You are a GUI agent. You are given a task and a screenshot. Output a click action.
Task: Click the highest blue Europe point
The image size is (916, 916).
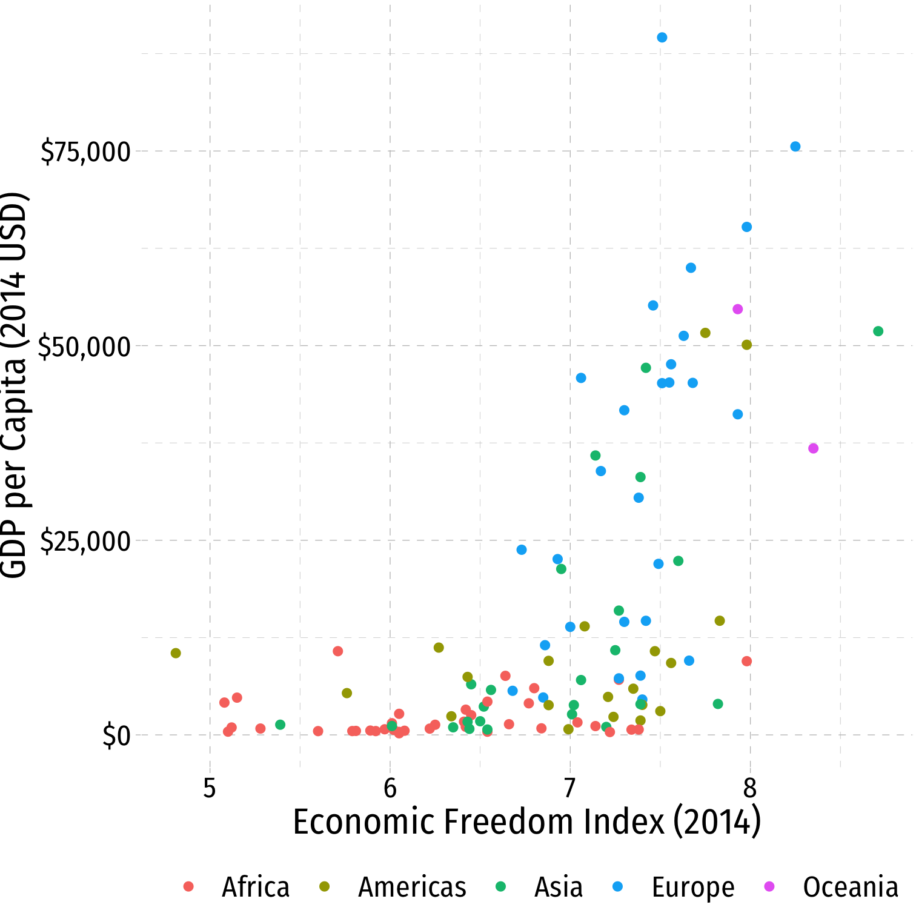click(x=662, y=38)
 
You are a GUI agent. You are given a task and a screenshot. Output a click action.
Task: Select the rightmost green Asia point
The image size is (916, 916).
click(x=878, y=331)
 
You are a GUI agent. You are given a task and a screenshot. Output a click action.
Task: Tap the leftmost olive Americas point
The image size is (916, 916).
click(x=176, y=653)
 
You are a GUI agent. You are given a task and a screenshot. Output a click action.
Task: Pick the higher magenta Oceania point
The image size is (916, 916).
click(x=737, y=310)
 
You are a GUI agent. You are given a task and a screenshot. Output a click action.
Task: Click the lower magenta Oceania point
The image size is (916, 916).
click(x=813, y=448)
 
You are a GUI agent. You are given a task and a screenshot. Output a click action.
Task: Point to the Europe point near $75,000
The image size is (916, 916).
click(x=795, y=147)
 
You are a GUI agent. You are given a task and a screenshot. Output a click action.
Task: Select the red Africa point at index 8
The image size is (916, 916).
click(x=746, y=661)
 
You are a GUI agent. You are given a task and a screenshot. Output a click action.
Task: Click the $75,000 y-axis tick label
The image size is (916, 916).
click(x=85, y=152)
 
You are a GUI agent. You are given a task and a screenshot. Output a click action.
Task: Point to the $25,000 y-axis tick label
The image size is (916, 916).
click(x=85, y=542)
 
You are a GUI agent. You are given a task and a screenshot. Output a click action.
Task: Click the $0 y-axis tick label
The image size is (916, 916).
click(x=116, y=736)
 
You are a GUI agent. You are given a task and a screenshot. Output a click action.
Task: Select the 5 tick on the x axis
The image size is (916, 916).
click(x=210, y=788)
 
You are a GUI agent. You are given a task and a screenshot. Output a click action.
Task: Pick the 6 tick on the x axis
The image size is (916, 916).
click(x=390, y=788)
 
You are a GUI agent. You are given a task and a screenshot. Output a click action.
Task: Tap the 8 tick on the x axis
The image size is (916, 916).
click(x=750, y=788)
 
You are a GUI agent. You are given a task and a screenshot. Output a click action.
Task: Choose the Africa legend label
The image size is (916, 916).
click(x=256, y=887)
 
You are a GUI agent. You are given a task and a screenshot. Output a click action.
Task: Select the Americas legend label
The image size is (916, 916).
click(x=412, y=887)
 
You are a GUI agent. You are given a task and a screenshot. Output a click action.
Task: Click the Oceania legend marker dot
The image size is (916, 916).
click(x=769, y=887)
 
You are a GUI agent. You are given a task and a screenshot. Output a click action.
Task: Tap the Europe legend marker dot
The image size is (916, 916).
click(x=617, y=887)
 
